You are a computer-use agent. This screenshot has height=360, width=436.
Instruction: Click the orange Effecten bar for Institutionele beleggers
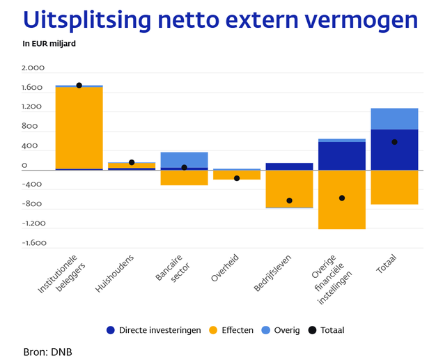point(79,129)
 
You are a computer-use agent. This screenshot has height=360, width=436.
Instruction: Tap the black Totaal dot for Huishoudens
point(132,162)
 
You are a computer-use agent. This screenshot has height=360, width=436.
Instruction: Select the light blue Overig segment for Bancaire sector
point(184,159)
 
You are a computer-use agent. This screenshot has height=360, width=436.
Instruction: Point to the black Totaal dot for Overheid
point(237,178)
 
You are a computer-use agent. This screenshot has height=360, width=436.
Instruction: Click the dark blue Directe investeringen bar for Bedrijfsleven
point(289,166)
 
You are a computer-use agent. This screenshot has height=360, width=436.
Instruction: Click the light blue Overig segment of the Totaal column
point(394,119)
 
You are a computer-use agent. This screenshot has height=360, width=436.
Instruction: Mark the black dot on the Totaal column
point(394,142)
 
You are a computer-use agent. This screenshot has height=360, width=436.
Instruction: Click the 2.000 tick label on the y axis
point(33,68)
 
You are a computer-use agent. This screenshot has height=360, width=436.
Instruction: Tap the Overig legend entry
point(286,330)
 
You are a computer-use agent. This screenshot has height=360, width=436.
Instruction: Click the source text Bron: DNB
point(47,351)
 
